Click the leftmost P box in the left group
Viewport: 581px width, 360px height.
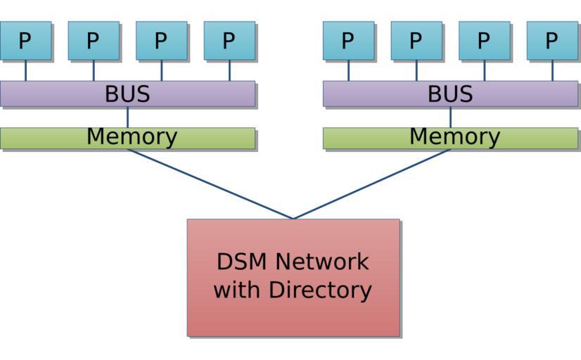click(x=25, y=41)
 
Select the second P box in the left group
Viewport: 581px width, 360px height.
click(x=93, y=41)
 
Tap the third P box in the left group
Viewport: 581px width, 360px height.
click(x=161, y=41)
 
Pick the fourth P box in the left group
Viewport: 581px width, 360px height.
click(x=229, y=41)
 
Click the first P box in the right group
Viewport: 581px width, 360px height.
click(x=348, y=41)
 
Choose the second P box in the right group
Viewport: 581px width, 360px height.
click(x=416, y=41)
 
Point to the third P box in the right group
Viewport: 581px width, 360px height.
click(x=484, y=41)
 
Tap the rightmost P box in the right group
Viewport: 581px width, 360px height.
click(x=551, y=41)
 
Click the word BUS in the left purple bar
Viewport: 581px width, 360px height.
click(x=127, y=94)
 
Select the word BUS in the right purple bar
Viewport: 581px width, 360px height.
click(x=450, y=94)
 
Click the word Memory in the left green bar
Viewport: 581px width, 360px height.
click(x=132, y=137)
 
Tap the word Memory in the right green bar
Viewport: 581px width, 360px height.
click(x=454, y=137)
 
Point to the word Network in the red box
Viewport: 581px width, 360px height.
click(x=321, y=262)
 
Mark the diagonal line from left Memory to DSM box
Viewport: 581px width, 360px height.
click(x=210, y=184)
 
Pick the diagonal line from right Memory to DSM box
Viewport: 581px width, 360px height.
click(x=372, y=184)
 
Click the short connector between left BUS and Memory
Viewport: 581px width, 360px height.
click(x=127, y=117)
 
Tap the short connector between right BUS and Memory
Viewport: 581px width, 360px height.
click(x=450, y=117)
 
